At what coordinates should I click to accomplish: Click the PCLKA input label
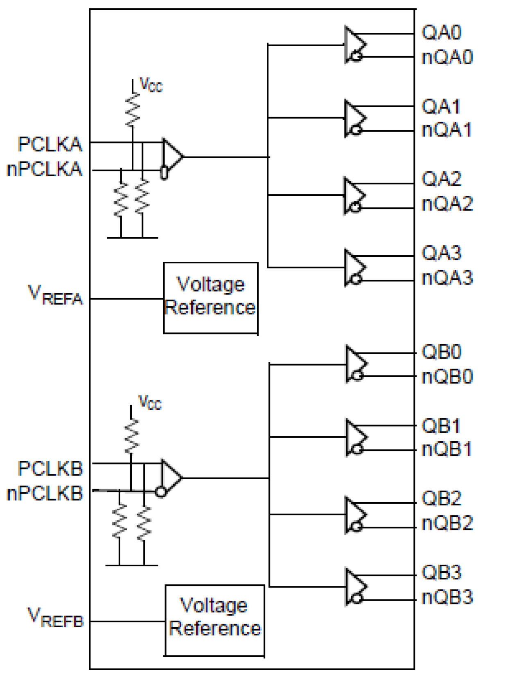coord(50,144)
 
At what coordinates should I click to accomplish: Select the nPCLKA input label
coord(45,169)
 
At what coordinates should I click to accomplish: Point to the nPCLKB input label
coord(45,494)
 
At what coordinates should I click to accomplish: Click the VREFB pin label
coord(55,618)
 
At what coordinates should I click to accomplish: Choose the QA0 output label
coord(442,33)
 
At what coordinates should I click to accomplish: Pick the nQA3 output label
coord(447,278)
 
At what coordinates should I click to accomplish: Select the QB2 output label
coord(442,498)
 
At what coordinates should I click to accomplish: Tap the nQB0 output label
coord(447,377)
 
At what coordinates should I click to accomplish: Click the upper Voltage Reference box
coord(211,298)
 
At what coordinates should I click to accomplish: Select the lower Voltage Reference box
coord(215,620)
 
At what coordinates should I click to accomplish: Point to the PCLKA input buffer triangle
coord(172,157)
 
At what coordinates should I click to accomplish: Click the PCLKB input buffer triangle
coord(171,478)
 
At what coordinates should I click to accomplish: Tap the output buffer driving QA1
coord(354,118)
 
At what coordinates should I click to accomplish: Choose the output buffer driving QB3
coord(355,587)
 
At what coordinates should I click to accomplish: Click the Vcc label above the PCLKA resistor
coord(151,85)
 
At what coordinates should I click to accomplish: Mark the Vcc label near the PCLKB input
coord(150,402)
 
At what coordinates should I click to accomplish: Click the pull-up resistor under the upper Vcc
coord(133,110)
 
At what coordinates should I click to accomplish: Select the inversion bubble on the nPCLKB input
coord(161,491)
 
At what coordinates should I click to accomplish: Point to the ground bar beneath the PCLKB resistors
coord(131,566)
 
